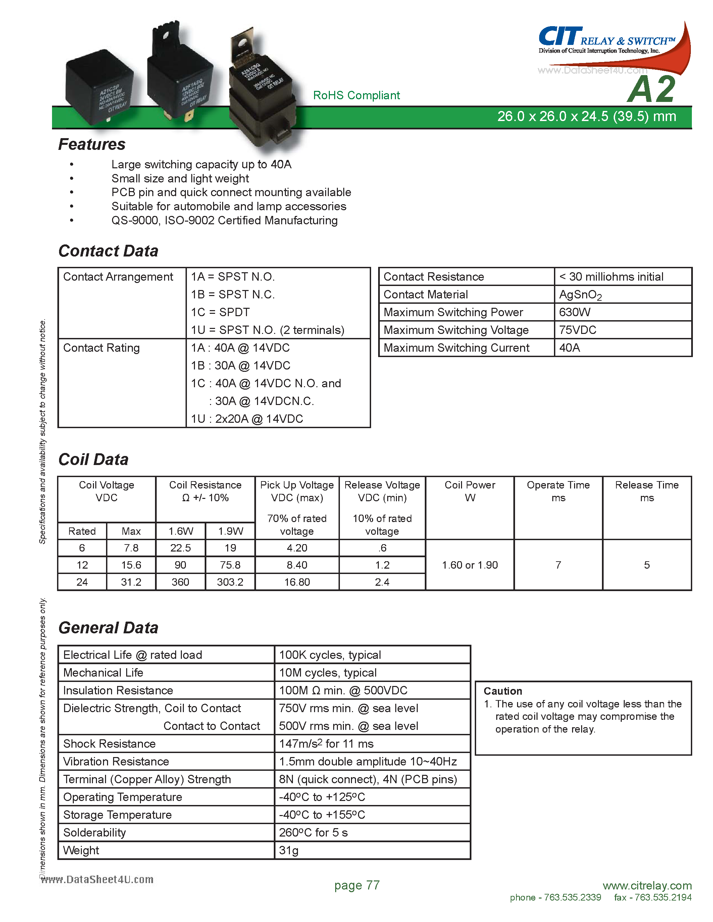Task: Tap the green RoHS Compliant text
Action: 356,96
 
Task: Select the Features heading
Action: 92,145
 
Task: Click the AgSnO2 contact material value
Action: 580,295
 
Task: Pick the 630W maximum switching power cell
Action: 574,312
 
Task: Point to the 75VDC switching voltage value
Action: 577,330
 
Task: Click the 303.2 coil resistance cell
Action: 230,582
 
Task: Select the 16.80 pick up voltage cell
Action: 297,582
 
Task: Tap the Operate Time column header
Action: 558,491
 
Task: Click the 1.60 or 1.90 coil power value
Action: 470,565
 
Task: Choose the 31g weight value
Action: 289,850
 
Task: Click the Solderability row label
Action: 95,832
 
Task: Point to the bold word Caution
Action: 503,691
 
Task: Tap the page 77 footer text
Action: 357,885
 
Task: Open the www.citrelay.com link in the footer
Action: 647,885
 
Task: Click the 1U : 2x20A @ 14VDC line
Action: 247,419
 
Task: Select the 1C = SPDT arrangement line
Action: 220,312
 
